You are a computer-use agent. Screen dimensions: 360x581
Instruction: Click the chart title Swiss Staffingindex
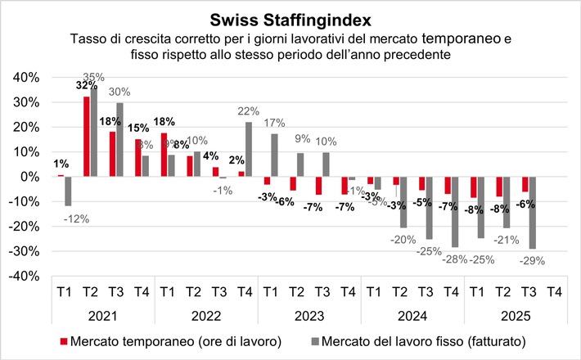[x=290, y=18]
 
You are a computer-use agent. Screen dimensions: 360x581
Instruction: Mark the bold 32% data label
[x=83, y=85]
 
